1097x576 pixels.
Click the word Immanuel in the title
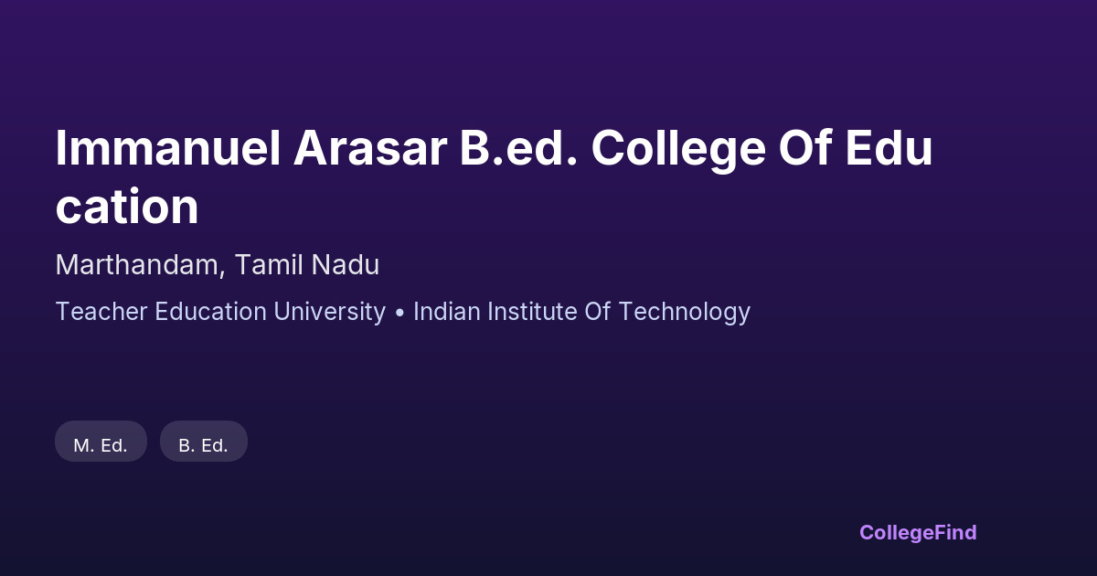[x=168, y=148]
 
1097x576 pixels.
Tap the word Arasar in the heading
[x=369, y=148]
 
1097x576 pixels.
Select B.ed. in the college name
[x=519, y=148]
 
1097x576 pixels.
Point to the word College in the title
[x=678, y=151]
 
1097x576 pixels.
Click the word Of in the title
[x=805, y=148]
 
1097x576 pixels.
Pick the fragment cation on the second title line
[x=127, y=207]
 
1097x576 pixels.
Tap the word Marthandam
[x=136, y=264]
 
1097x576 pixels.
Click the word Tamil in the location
[x=269, y=264]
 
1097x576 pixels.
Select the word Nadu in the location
[x=346, y=264]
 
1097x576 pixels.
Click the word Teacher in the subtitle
[x=101, y=312]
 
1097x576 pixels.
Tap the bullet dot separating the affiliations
[x=399, y=313]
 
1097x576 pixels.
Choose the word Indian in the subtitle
[x=447, y=312]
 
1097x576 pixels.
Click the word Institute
[x=532, y=312]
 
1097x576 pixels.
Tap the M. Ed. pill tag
[x=101, y=441]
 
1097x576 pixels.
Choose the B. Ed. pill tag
[x=204, y=441]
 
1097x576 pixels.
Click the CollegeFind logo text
[x=918, y=533]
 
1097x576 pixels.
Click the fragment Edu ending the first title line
[x=889, y=148]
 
